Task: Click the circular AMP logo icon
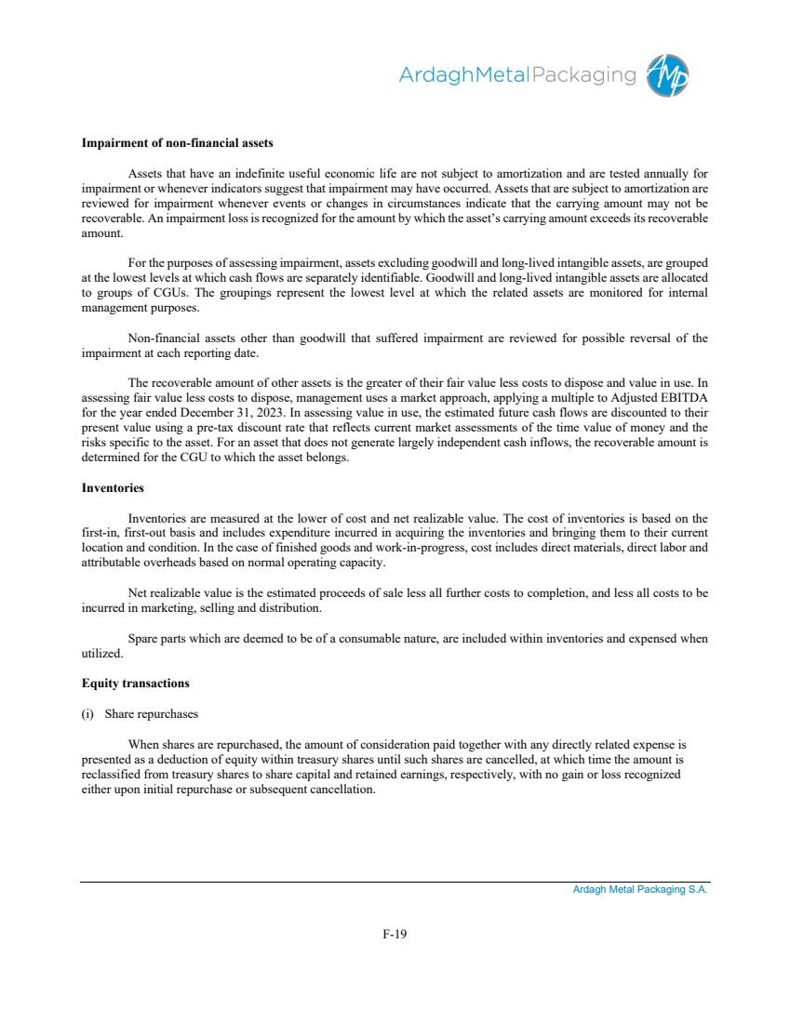[x=671, y=75]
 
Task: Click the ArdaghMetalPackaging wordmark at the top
[x=517, y=75]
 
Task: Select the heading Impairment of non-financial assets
[x=177, y=143]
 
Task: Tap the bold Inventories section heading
[x=113, y=487]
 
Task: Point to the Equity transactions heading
[x=135, y=684]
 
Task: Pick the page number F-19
[x=395, y=934]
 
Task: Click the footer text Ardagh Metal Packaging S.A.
[x=640, y=890]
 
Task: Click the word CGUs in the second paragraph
[x=156, y=291]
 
